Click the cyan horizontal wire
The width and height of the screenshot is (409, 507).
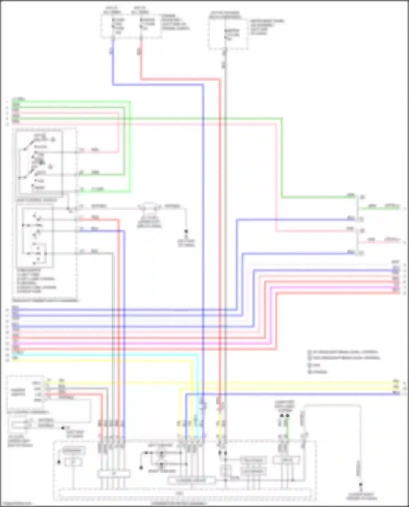pos(109,354)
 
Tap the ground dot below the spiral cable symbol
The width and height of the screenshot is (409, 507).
pos(186,232)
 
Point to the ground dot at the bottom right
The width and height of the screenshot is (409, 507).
pos(360,485)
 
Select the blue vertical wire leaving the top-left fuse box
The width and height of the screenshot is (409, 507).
pos(113,63)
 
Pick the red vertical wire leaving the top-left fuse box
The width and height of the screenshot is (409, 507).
pos(141,60)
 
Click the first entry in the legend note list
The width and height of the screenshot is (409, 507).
pos(344,352)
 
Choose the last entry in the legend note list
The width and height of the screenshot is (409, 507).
pos(318,372)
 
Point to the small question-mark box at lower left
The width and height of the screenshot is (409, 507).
pos(73,462)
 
